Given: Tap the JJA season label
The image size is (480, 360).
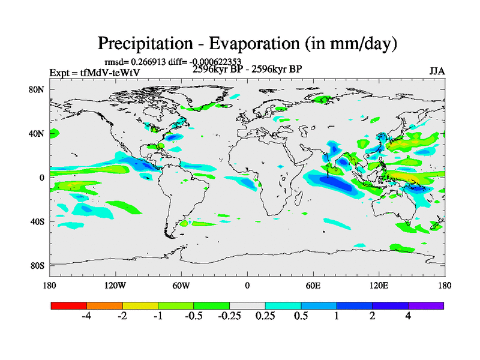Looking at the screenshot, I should coord(436,72).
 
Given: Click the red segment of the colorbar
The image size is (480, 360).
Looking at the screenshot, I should coord(69,305).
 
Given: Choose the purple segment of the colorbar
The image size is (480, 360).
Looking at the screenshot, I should coord(426,305).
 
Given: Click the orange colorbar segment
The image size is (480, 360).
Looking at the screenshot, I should coord(104,305).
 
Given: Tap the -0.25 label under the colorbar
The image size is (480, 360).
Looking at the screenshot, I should coord(229,316).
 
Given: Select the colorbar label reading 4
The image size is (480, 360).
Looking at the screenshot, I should coord(408,316).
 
